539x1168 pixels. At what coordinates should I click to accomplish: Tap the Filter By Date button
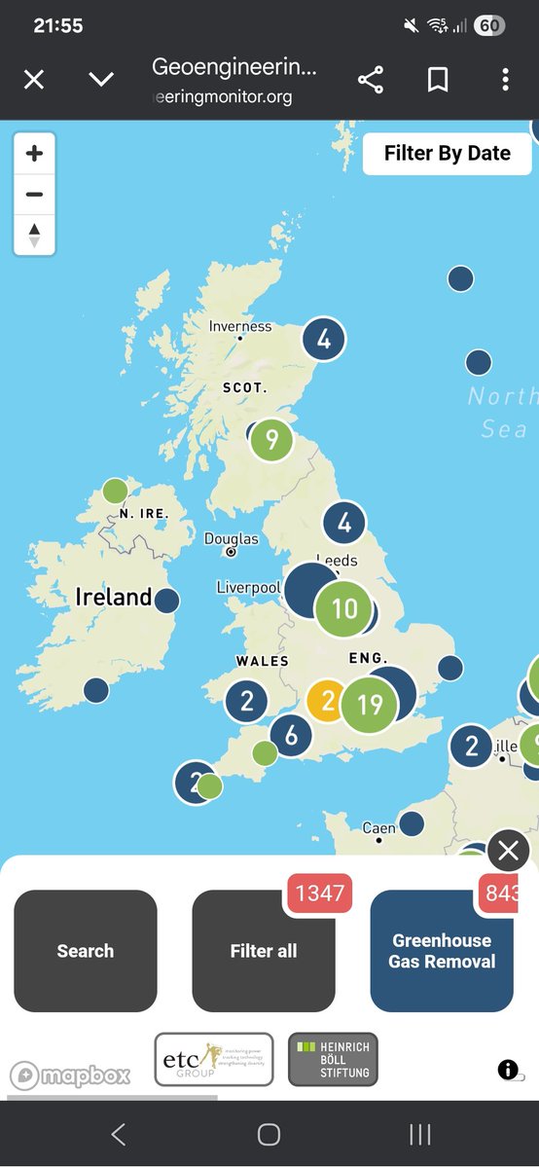click(447, 154)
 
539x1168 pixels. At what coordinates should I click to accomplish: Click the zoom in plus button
click(34, 154)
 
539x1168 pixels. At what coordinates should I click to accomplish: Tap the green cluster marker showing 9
click(272, 440)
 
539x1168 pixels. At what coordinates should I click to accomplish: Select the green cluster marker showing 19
click(370, 704)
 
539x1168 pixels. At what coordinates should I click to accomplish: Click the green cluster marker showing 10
click(344, 609)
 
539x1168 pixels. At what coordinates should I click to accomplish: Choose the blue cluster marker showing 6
click(291, 736)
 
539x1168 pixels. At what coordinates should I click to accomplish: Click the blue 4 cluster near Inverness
click(324, 340)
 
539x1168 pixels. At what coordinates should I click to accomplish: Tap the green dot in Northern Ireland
click(115, 491)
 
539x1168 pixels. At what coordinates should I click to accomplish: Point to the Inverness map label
click(240, 326)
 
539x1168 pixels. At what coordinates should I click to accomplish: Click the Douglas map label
click(232, 539)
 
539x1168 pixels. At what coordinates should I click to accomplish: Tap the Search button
click(86, 951)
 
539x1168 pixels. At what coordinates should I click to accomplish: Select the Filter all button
click(264, 951)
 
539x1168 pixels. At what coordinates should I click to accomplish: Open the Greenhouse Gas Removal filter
click(442, 951)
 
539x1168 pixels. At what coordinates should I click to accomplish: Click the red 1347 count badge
click(320, 893)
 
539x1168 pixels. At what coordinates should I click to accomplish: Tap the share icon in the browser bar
click(371, 80)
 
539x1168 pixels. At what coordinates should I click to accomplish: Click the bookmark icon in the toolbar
click(438, 80)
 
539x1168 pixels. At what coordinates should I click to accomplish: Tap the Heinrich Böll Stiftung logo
click(333, 1060)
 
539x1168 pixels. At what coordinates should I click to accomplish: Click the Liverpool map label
click(248, 588)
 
